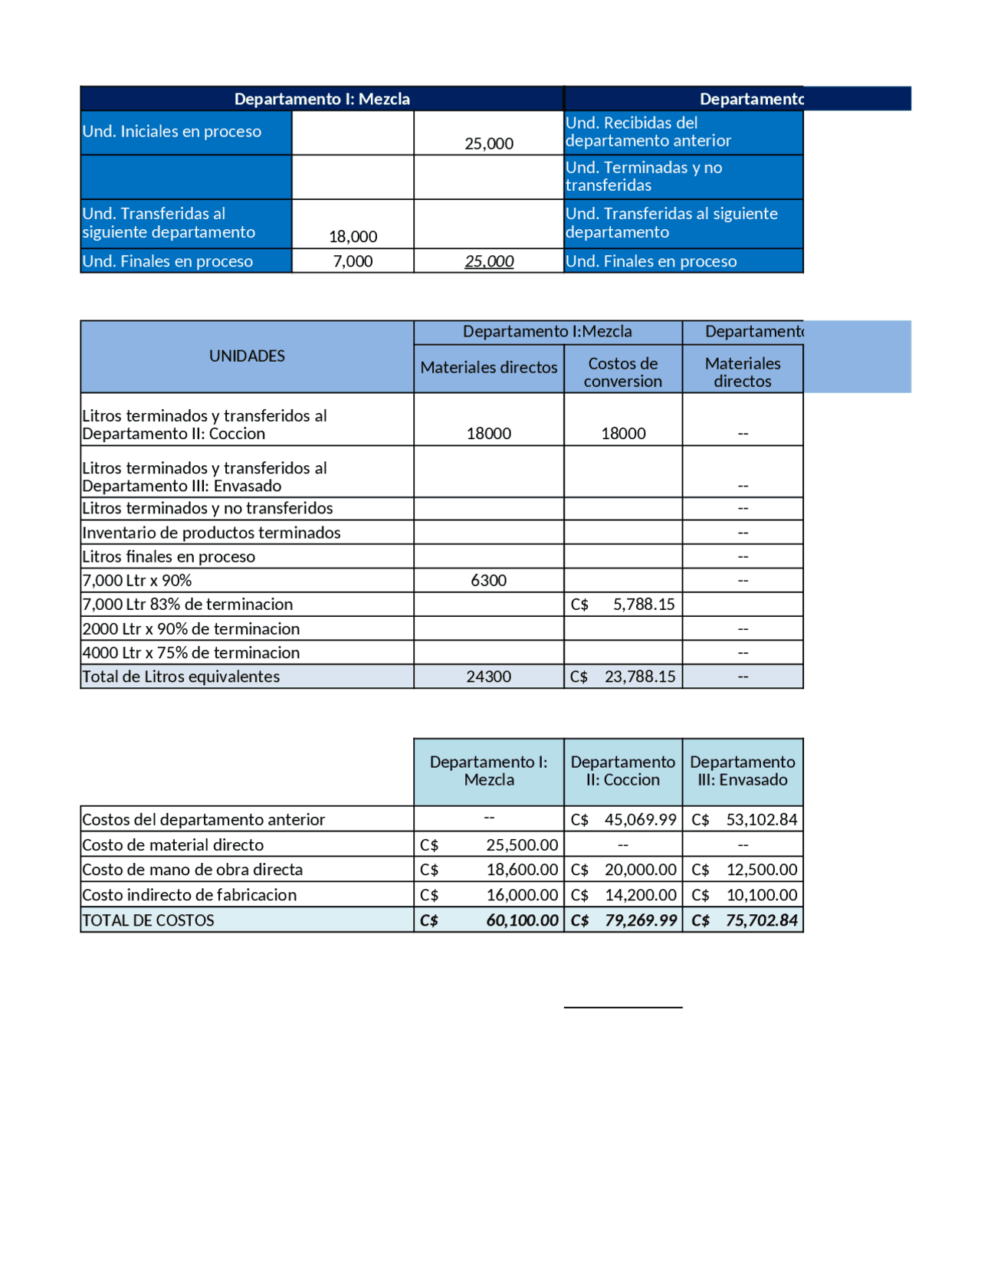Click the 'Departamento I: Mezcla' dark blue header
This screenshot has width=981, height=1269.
pyautogui.click(x=322, y=99)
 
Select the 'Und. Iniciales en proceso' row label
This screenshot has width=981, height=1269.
pyautogui.click(x=172, y=132)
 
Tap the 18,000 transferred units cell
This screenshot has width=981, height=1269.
pyautogui.click(x=353, y=237)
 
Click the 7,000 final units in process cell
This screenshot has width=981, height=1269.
pyautogui.click(x=353, y=261)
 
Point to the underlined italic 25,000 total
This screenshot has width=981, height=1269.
pyautogui.click(x=489, y=261)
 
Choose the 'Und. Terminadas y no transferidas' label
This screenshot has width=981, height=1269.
pyautogui.click(x=644, y=176)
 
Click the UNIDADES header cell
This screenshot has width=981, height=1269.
pyautogui.click(x=247, y=356)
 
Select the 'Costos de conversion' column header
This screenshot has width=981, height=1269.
pyautogui.click(x=622, y=372)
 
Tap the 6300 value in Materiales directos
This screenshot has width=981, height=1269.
pyautogui.click(x=488, y=580)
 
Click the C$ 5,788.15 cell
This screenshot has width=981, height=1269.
pyautogui.click(x=623, y=605)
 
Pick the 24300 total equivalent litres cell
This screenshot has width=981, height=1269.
pyautogui.click(x=488, y=677)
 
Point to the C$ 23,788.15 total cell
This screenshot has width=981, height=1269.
pyautogui.click(x=623, y=677)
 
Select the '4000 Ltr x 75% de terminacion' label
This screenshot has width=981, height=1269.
pyautogui.click(x=191, y=653)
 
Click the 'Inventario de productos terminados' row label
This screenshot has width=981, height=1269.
pyautogui.click(x=211, y=533)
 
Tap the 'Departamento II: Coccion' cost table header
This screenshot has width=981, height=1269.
pyautogui.click(x=622, y=771)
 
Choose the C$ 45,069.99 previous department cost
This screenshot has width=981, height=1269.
pyautogui.click(x=623, y=819)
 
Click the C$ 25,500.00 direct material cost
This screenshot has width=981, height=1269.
pyautogui.click(x=489, y=845)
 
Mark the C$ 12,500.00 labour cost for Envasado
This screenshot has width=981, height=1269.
pyautogui.click(x=743, y=870)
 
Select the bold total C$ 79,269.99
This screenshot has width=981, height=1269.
pyautogui.click(x=623, y=920)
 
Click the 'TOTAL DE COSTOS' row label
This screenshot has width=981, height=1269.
pyautogui.click(x=148, y=920)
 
